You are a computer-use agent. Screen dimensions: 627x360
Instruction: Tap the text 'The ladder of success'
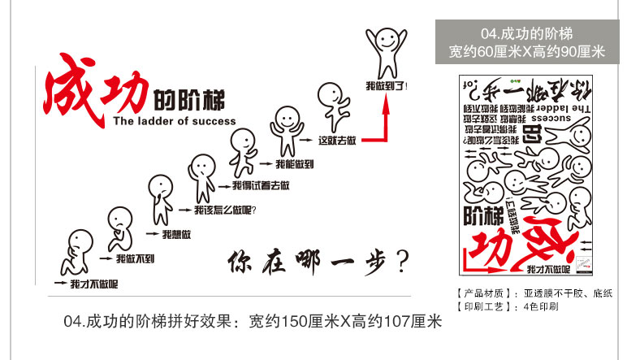(x=174, y=121)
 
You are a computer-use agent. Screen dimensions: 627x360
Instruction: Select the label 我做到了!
(x=387, y=85)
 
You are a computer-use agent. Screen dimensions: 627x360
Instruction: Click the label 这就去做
(x=338, y=140)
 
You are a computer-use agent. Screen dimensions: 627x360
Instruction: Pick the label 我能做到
(x=295, y=164)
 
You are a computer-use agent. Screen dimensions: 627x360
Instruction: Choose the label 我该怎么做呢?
(x=224, y=210)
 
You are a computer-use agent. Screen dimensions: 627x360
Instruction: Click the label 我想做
(x=176, y=235)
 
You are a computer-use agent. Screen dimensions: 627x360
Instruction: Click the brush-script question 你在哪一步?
(x=317, y=262)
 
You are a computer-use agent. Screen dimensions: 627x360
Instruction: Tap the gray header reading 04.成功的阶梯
(x=527, y=33)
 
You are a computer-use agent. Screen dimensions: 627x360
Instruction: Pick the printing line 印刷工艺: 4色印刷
(x=508, y=307)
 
